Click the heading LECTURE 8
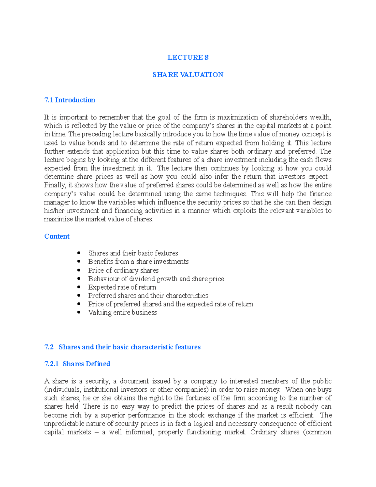coord(188,57)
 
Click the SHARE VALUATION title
coord(188,75)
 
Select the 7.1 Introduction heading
coord(70,100)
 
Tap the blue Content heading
coord(57,236)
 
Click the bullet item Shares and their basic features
coord(133,253)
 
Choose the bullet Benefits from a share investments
coord(138,262)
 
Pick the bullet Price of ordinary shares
coord(123,270)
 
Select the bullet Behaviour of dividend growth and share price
coord(156,279)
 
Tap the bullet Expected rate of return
coord(122,287)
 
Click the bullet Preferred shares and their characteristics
coord(148,296)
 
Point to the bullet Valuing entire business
coord(122,313)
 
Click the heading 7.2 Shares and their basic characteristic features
coord(122,347)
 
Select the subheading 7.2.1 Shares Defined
coord(77,364)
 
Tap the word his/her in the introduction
coord(54,211)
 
